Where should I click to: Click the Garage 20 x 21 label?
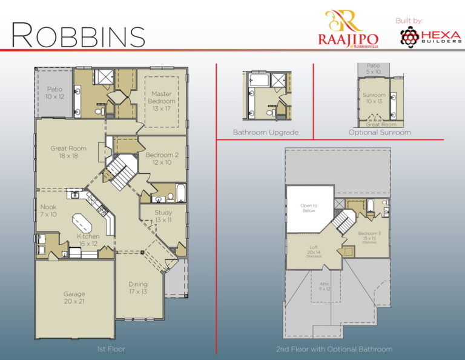click(74, 298)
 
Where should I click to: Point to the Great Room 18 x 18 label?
click(68, 153)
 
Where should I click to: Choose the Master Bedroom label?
click(162, 101)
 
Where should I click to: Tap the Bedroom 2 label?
click(162, 159)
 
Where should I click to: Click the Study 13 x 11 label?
click(163, 216)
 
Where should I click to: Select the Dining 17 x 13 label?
click(137, 288)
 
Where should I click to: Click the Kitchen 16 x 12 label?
click(87, 240)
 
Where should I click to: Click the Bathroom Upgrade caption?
click(266, 132)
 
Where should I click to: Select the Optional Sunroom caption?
click(380, 132)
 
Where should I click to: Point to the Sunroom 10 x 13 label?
click(374, 98)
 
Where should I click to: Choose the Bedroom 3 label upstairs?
click(369, 235)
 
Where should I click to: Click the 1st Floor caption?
click(111, 349)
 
